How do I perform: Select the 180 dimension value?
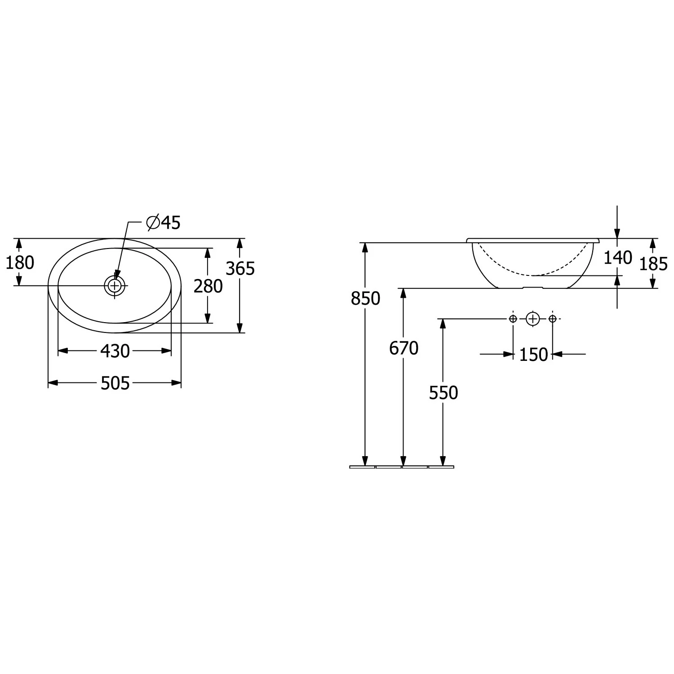20,262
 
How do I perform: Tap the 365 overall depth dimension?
240,269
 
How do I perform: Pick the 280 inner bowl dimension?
208,286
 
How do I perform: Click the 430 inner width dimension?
115,351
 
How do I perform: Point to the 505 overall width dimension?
115,383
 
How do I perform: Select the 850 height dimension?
366,298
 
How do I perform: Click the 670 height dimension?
404,348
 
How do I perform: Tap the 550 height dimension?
443,393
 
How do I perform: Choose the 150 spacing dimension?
534,355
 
